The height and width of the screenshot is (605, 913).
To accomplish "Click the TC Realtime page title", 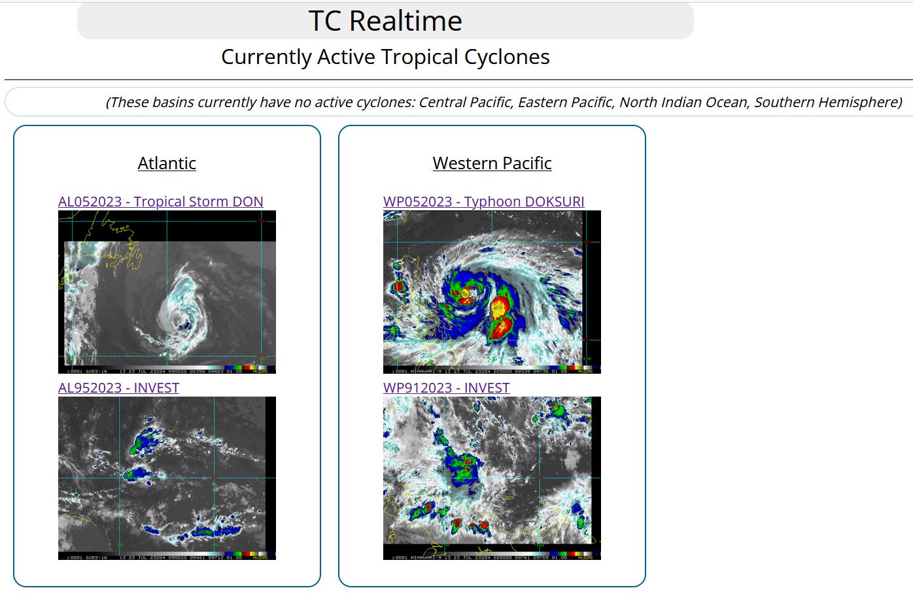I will [385, 21].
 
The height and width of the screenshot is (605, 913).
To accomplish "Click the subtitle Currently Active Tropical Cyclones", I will [385, 57].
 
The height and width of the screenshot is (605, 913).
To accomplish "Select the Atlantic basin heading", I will [167, 163].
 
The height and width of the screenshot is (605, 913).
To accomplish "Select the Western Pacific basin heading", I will [492, 163].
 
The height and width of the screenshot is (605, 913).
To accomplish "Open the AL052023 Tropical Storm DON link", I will [160, 202].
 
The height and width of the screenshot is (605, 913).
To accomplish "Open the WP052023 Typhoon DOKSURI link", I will [483, 202].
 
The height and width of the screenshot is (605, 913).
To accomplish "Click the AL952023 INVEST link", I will [118, 388].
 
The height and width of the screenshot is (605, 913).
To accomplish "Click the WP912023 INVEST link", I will [446, 388].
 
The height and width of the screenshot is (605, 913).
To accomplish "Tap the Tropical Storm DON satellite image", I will [167, 292].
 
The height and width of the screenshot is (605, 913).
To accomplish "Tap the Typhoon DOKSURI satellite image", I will [492, 292].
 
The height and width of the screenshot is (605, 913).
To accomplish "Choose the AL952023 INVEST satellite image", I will [167, 478].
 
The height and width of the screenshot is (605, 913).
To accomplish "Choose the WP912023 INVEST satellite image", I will [492, 478].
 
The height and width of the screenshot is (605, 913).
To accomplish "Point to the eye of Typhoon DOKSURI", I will [465, 293].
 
